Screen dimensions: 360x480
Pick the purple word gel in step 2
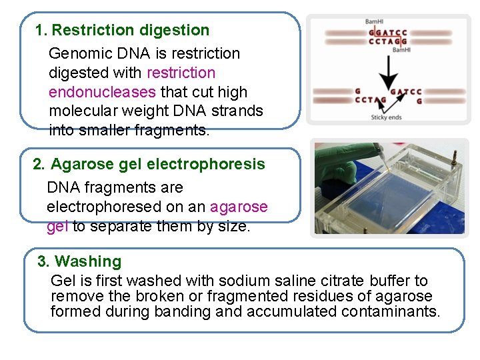[x=57, y=227]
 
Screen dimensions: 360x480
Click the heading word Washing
[x=88, y=261]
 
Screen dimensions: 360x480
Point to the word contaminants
[x=391, y=311]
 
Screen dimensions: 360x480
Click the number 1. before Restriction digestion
[x=41, y=30]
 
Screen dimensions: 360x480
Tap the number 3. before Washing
[x=44, y=261]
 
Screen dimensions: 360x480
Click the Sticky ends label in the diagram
[x=386, y=117]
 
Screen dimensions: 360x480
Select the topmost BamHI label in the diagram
[x=373, y=21]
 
